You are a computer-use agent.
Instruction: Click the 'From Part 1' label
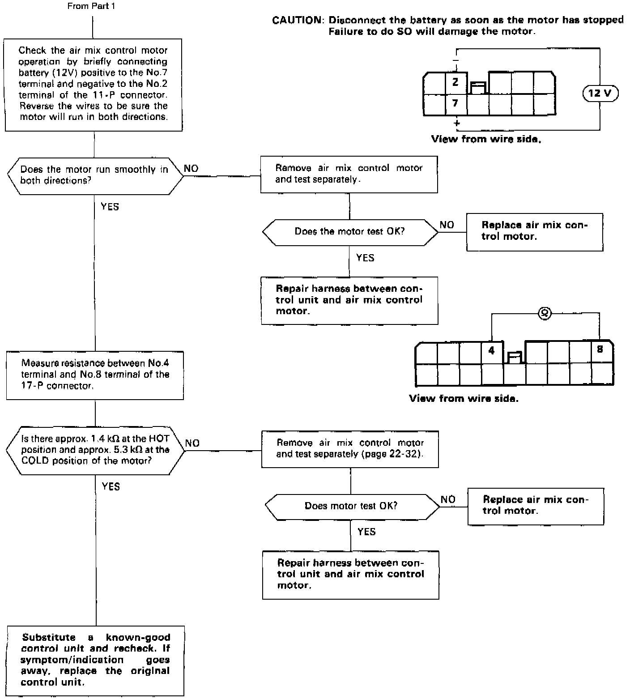pyautogui.click(x=91, y=6)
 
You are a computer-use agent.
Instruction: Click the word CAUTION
pyautogui.click(x=297, y=20)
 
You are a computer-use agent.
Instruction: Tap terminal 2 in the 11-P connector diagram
pyautogui.click(x=455, y=82)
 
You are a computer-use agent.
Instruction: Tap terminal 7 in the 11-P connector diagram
pyautogui.click(x=455, y=103)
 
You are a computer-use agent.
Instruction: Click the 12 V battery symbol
pyautogui.click(x=600, y=93)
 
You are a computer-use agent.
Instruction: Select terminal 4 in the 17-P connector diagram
pyautogui.click(x=492, y=351)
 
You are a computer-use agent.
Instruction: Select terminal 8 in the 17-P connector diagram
pyautogui.click(x=600, y=349)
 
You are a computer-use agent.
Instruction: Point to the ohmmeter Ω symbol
pyautogui.click(x=544, y=313)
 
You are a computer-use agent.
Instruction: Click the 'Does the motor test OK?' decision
pyautogui.click(x=349, y=232)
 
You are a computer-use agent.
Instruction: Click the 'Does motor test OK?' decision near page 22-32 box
pyautogui.click(x=351, y=506)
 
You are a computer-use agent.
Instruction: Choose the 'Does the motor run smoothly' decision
pyautogui.click(x=94, y=175)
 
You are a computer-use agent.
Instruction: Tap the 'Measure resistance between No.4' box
pyautogui.click(x=95, y=375)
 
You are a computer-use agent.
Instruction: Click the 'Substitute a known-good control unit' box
pyautogui.click(x=96, y=660)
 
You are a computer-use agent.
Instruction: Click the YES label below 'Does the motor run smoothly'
pyautogui.click(x=110, y=207)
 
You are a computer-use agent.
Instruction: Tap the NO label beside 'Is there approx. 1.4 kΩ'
pyautogui.click(x=192, y=443)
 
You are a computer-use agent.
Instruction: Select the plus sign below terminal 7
pyautogui.click(x=457, y=123)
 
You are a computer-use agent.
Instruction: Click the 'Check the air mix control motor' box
pyautogui.click(x=94, y=84)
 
